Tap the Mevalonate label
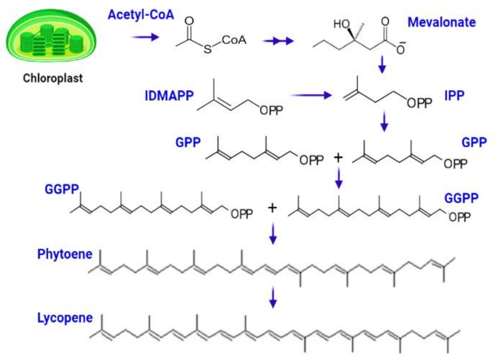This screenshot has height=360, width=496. point(442,22)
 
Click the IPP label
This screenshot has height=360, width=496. point(454,96)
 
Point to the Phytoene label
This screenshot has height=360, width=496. point(65,254)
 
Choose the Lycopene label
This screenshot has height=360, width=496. point(65,318)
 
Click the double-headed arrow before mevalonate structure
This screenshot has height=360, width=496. point(279,41)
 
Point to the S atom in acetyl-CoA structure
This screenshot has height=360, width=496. point(207,50)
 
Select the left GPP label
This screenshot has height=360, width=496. point(188,142)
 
